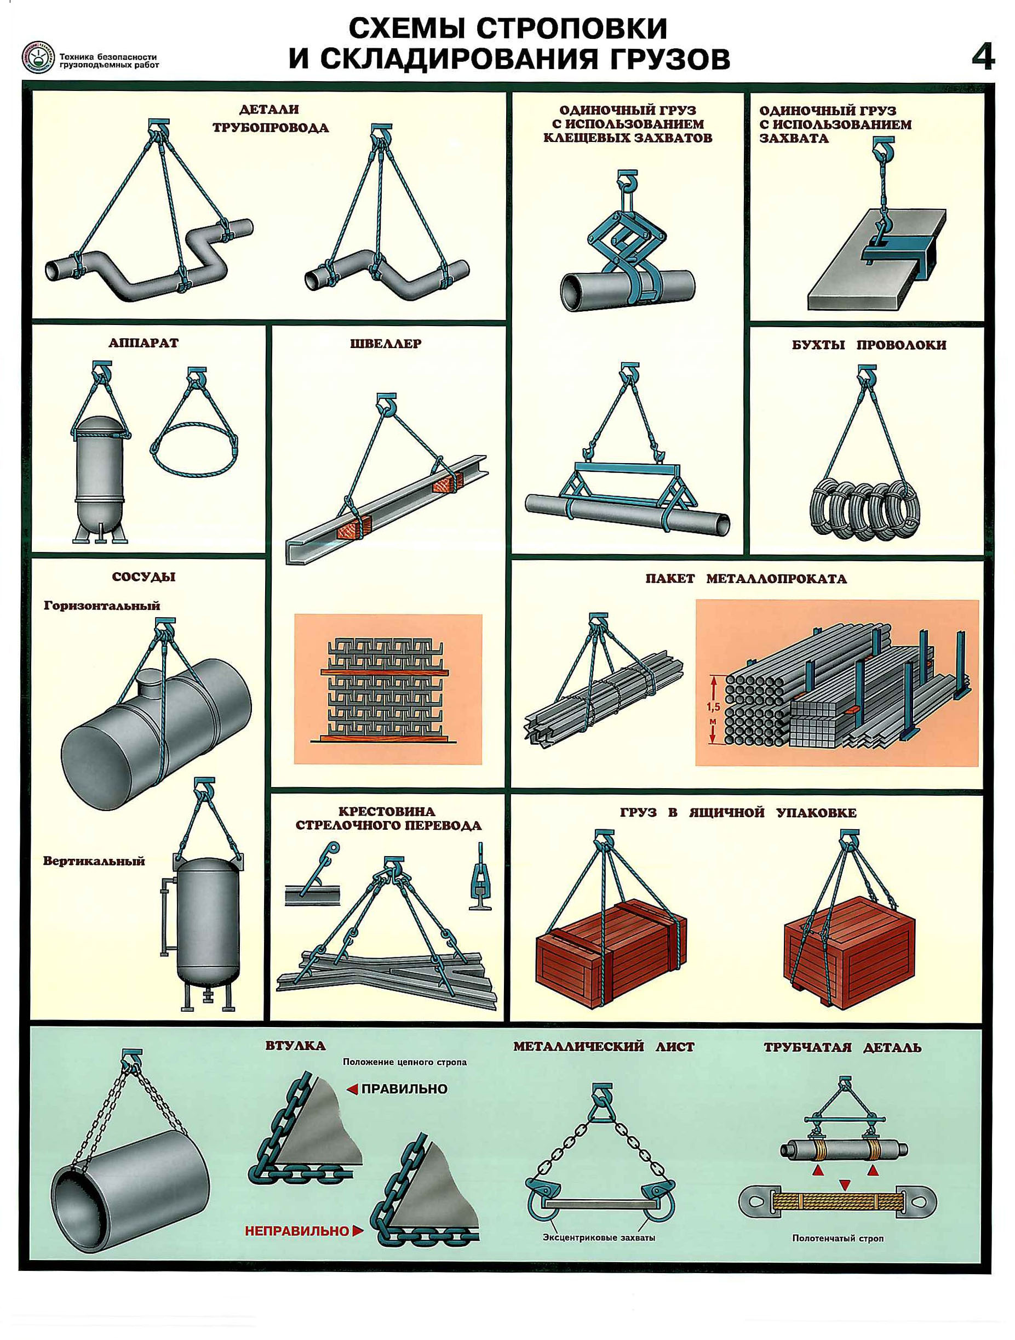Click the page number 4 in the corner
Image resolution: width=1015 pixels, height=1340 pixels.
click(983, 59)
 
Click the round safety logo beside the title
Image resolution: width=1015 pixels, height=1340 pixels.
click(38, 58)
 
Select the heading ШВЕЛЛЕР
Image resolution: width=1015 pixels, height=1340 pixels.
click(386, 344)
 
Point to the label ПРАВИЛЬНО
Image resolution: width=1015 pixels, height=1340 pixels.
click(404, 1088)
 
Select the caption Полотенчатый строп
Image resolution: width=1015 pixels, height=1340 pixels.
click(838, 1238)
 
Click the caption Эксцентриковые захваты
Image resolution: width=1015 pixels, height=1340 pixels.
click(599, 1238)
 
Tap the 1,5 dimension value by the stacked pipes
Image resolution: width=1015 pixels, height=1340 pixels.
click(713, 706)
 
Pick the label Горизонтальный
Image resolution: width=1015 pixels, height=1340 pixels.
click(102, 605)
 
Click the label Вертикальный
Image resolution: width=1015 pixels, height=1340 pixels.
click(94, 861)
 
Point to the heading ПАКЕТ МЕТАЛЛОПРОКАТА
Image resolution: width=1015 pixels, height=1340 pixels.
click(746, 579)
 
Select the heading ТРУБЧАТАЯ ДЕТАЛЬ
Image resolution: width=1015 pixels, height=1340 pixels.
click(842, 1047)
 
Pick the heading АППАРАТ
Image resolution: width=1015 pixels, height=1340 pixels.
click(144, 343)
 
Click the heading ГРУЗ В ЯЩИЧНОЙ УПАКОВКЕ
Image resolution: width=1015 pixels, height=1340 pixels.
click(738, 813)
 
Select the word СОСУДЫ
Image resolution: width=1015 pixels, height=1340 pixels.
click(144, 577)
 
